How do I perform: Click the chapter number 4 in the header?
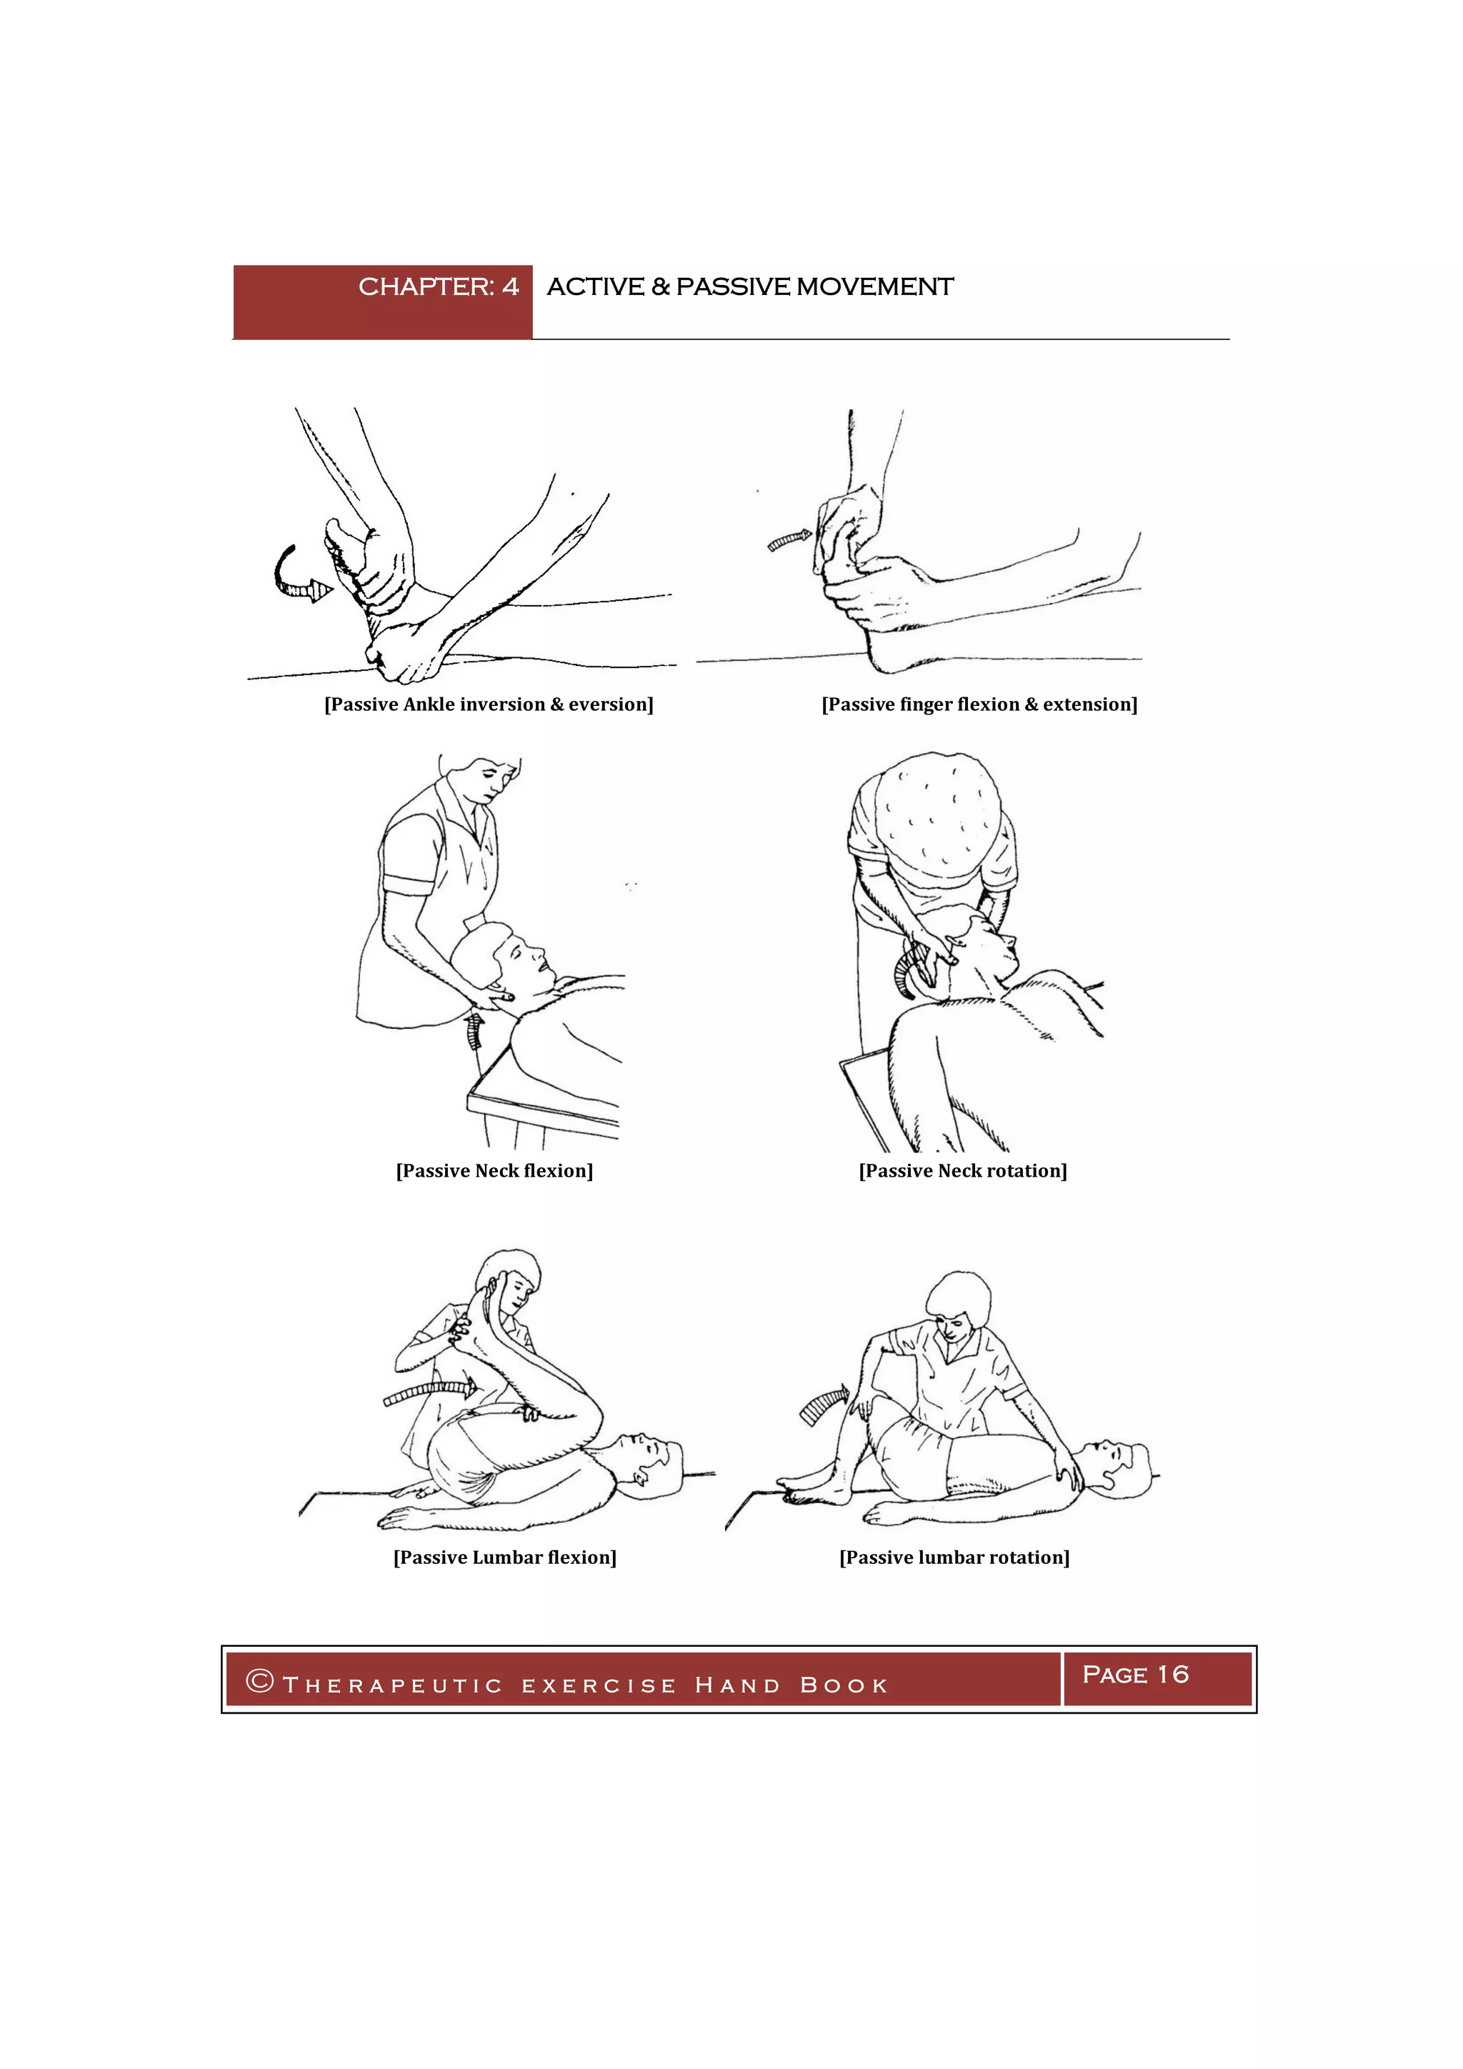[x=511, y=286]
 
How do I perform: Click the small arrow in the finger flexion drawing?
[x=789, y=541]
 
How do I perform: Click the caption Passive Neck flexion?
[x=494, y=1170]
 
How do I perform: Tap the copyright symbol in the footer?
[x=259, y=1680]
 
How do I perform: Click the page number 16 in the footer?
[x=1173, y=1675]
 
